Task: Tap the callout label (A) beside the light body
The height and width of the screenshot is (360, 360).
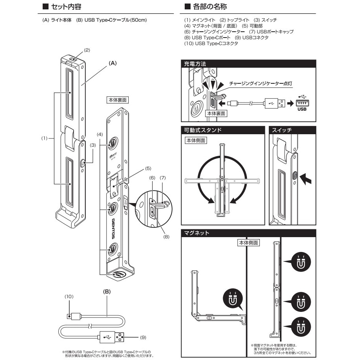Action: click(x=113, y=63)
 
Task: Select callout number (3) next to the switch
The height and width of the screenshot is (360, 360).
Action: click(x=93, y=145)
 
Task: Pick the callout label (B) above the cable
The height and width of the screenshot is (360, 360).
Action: click(x=106, y=292)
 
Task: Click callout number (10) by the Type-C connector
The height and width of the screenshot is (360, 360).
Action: click(x=69, y=297)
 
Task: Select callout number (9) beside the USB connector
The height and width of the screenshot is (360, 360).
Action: click(x=144, y=337)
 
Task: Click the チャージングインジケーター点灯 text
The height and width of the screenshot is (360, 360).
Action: click(x=261, y=83)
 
